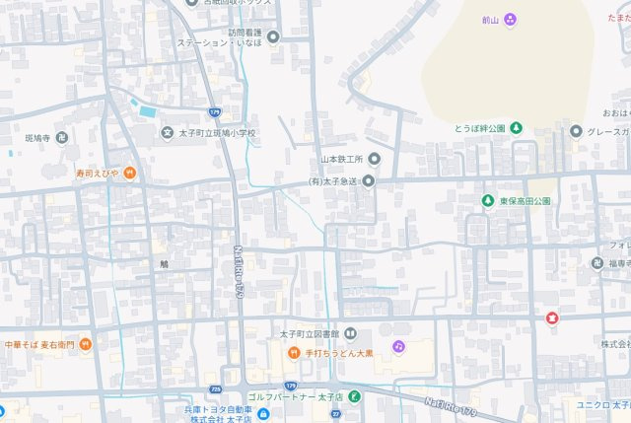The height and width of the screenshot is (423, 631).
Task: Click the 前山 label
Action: [490, 19]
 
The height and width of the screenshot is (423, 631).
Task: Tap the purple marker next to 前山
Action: [511, 19]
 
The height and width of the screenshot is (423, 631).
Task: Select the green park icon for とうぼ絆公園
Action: [516, 129]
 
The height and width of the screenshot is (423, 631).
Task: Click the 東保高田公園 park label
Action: [525, 201]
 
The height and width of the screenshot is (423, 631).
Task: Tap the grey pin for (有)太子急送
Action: [369, 180]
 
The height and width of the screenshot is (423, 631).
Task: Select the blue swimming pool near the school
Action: [147, 111]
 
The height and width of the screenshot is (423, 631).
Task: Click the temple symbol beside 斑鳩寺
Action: [60, 137]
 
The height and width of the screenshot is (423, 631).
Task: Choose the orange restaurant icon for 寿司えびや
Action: [129, 174]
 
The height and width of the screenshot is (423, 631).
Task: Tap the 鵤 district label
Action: [165, 263]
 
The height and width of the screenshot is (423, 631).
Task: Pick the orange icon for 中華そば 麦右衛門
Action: [86, 345]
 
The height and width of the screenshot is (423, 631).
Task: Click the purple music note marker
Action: [398, 347]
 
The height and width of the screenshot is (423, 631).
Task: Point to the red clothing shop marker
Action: [552, 317]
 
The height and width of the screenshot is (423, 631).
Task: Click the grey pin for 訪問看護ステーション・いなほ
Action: [273, 37]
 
